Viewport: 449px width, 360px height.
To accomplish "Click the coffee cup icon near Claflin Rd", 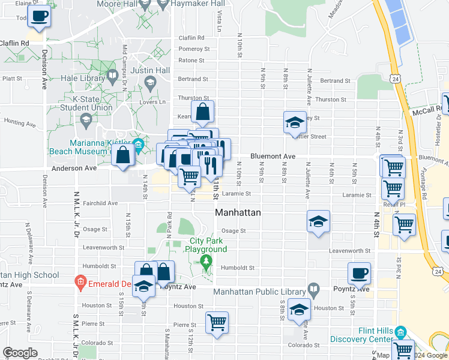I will click(x=40, y=16).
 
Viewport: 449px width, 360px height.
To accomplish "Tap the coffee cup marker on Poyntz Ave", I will click(x=359, y=274).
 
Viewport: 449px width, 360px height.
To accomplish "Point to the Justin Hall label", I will click(x=146, y=70).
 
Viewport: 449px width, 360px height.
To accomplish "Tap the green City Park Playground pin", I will click(x=206, y=262).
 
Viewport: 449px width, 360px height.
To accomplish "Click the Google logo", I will click(x=20, y=353).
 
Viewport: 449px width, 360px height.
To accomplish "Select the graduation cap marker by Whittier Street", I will click(x=295, y=122).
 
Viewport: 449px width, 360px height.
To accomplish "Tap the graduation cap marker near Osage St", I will click(x=318, y=221).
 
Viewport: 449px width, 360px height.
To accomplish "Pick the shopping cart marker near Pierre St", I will click(x=216, y=322).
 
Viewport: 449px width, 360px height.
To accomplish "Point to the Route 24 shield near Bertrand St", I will click(x=394, y=79).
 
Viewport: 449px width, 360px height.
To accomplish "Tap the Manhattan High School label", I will click(x=29, y=275).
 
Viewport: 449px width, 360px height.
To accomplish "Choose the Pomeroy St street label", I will click(x=194, y=49).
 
